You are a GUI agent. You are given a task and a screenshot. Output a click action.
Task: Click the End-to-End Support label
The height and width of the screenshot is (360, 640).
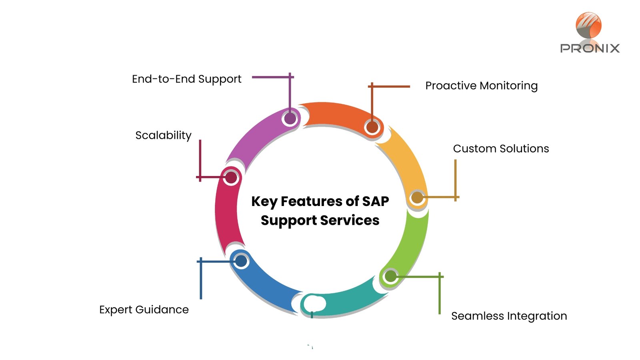(x=186, y=79)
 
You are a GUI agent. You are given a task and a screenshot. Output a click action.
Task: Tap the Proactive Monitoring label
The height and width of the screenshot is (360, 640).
(x=481, y=86)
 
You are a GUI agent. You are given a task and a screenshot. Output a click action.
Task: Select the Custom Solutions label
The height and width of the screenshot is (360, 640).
(x=501, y=149)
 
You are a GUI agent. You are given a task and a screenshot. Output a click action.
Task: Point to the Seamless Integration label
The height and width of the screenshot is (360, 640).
(x=509, y=316)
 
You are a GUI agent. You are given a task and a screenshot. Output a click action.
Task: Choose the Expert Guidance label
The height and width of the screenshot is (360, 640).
(x=144, y=310)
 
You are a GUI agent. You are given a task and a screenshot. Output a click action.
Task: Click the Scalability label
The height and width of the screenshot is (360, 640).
(x=163, y=135)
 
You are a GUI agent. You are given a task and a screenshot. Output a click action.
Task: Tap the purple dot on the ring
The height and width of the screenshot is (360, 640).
(x=290, y=118)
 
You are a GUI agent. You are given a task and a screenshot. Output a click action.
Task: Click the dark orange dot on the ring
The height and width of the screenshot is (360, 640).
(x=372, y=127)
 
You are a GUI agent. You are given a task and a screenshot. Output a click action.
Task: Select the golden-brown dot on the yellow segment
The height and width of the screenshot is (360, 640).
(x=417, y=198)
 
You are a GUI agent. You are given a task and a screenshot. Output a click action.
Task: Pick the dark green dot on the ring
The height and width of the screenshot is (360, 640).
(x=390, y=276)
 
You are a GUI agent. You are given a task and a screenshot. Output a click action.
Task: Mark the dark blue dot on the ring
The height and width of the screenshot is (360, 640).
(x=241, y=261)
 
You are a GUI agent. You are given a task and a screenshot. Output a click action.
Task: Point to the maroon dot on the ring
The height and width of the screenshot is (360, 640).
(x=231, y=178)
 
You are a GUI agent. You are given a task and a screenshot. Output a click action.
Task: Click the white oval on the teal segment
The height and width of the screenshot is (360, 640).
(x=315, y=304)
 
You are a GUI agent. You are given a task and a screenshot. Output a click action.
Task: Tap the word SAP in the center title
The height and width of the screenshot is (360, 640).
(x=375, y=201)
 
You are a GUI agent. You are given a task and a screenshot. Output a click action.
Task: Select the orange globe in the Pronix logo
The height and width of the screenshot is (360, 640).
(x=588, y=25)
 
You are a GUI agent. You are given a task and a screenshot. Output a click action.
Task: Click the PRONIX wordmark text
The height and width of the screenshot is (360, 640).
(x=590, y=48)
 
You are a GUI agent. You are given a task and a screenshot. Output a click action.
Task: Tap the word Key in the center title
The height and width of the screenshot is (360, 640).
(x=264, y=202)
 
